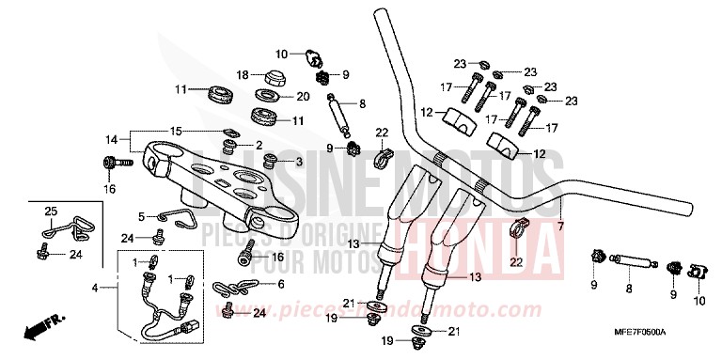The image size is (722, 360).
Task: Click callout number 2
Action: [259, 145]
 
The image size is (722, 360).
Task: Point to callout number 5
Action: [141, 215]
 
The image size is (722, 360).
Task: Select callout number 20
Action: [303, 96]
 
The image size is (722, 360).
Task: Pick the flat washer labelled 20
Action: [267, 96]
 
